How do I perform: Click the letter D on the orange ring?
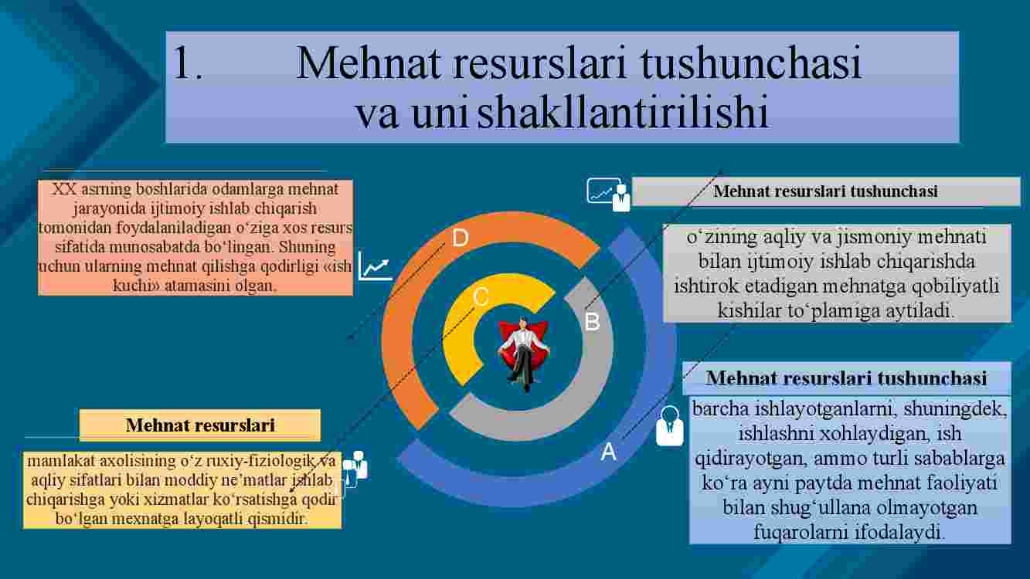(460, 238)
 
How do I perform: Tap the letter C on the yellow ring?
(481, 297)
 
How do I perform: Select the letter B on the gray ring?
(592, 322)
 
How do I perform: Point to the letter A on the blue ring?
(608, 452)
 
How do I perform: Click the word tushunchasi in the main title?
(750, 63)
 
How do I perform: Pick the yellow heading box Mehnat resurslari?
(200, 425)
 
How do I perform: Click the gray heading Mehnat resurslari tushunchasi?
(826, 191)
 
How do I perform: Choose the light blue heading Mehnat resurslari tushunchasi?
(847, 378)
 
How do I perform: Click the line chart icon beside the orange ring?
(375, 266)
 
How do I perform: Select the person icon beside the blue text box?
(669, 426)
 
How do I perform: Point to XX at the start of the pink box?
(64, 189)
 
